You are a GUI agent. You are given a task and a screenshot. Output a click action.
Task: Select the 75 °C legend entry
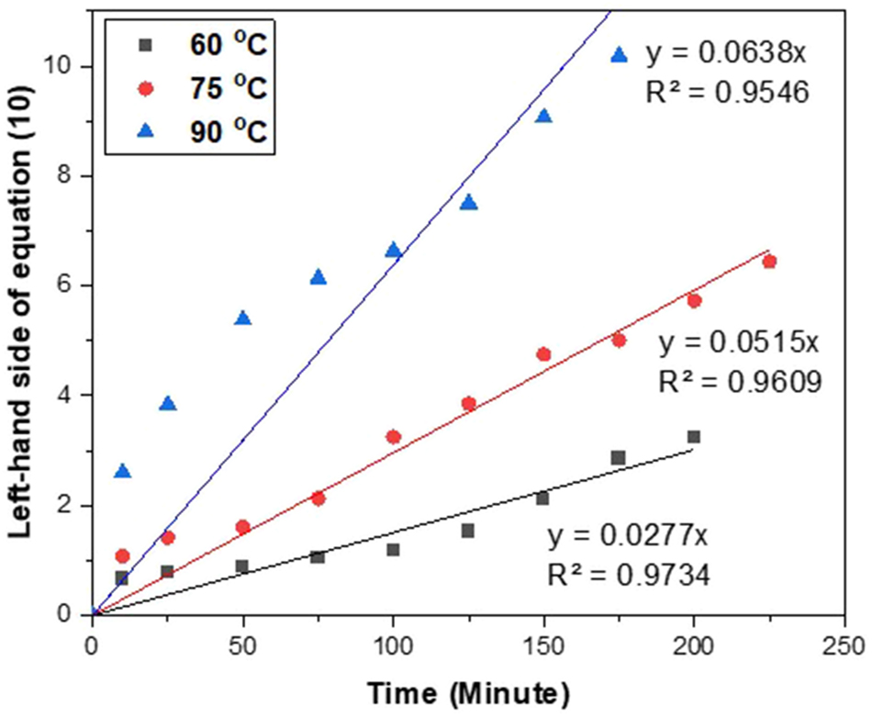pos(198,89)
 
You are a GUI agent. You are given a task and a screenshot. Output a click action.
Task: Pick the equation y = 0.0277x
pos(628,536)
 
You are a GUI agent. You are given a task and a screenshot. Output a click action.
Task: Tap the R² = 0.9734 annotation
pos(629,575)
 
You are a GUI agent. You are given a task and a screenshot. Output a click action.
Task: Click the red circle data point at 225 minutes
pos(769,262)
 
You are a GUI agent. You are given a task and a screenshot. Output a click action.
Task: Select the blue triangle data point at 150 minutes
pos(543,116)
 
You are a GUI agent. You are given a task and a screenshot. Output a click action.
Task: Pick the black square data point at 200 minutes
pos(694,437)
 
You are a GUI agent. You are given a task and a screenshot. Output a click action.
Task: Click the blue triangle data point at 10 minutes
pos(122,471)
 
